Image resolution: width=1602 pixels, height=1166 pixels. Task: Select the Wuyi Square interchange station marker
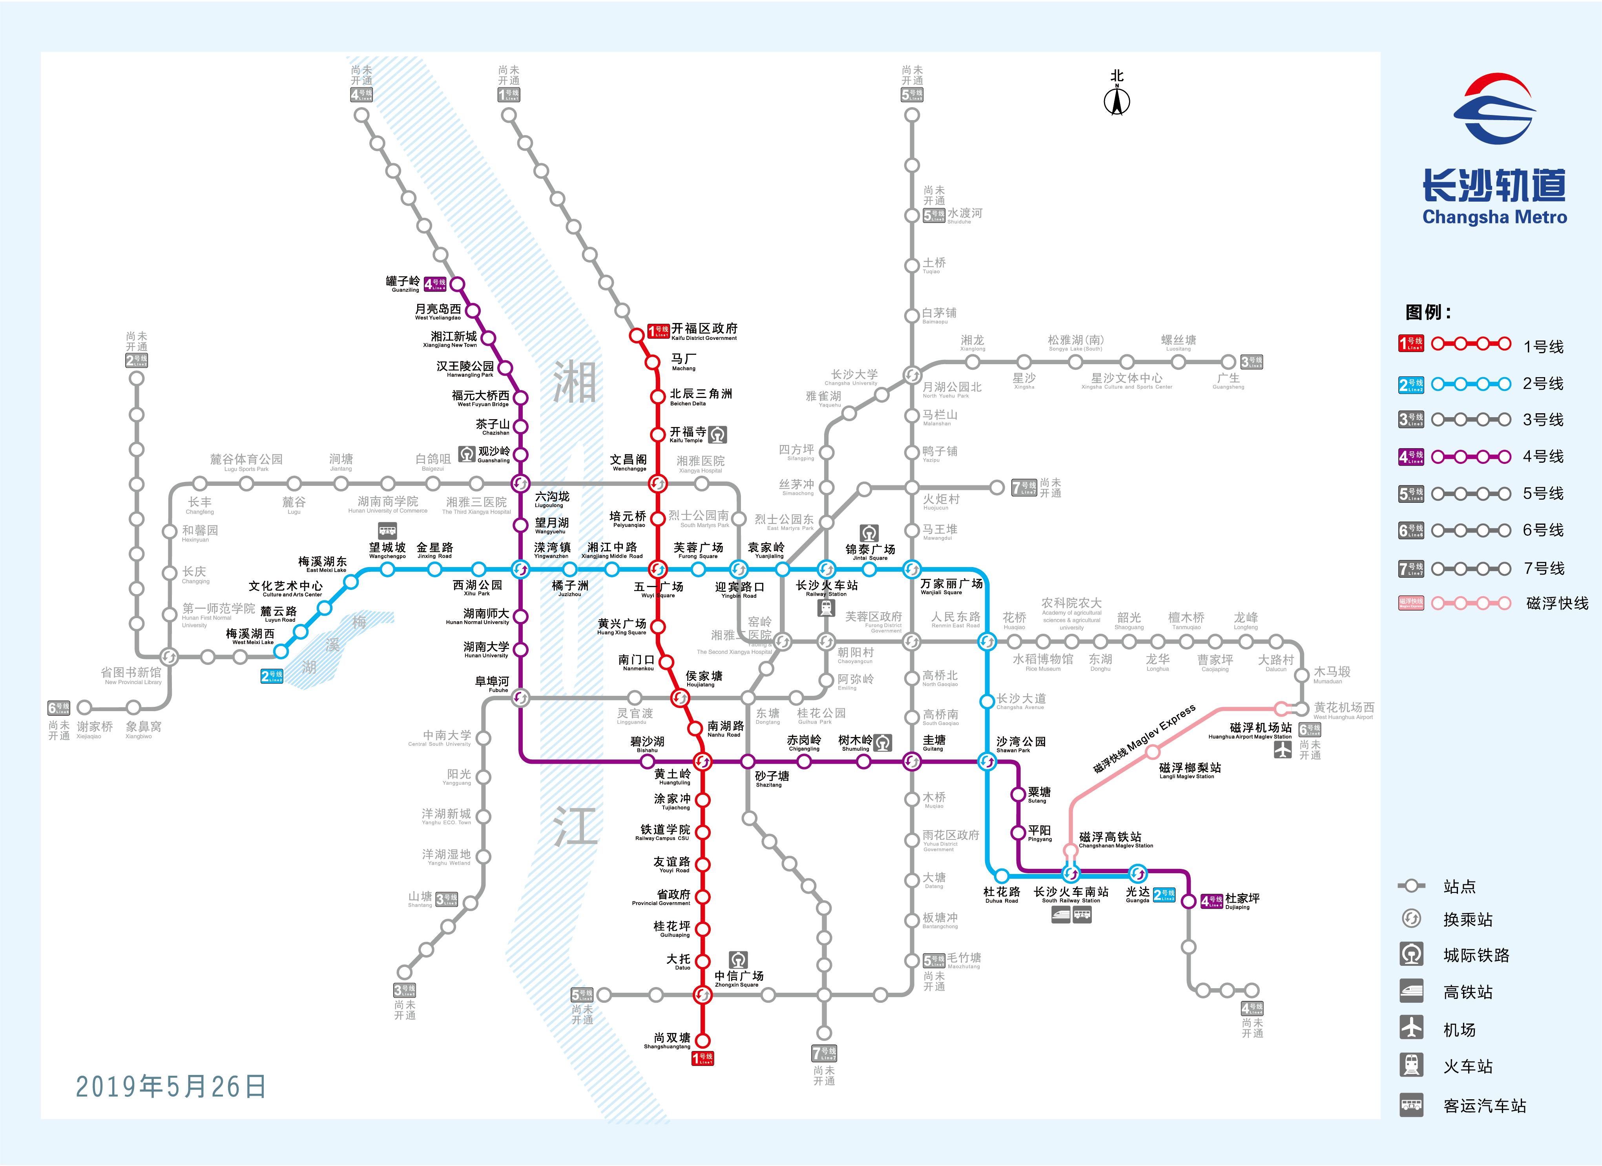pyautogui.click(x=658, y=569)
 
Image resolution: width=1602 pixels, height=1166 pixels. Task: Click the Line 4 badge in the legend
pyautogui.click(x=1411, y=457)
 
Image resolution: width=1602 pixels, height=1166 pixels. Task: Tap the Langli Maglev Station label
pyautogui.click(x=1190, y=770)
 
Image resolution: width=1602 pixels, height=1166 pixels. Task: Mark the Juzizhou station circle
pyautogui.click(x=570, y=569)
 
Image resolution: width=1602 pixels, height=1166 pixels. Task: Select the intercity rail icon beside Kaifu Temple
pyautogui.click(x=718, y=434)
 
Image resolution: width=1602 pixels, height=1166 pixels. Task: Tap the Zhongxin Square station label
pyautogui.click(x=738, y=978)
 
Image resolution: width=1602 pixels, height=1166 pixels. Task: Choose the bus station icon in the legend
pyautogui.click(x=1412, y=1104)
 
